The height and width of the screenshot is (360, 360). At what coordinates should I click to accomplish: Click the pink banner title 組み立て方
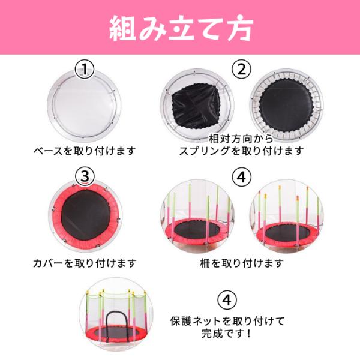point(181,28)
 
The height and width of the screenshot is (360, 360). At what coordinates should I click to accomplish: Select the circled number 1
point(85,70)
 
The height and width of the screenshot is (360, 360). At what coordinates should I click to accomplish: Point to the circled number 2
point(241,70)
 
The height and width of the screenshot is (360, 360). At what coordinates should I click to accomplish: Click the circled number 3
point(85,177)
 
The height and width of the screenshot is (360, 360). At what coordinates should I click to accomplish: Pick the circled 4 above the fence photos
point(241,177)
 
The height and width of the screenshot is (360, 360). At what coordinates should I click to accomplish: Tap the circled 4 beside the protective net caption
point(227,299)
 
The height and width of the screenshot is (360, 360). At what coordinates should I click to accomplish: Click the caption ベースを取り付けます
point(85,151)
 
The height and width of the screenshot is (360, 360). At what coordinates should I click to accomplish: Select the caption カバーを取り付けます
point(85,263)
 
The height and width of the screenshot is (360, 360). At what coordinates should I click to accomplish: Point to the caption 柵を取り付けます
point(242,263)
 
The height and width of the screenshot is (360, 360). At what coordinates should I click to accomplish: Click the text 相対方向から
point(241,139)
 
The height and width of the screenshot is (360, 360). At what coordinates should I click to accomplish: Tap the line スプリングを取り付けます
point(241,151)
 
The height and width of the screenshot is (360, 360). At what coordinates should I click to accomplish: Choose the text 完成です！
point(226,333)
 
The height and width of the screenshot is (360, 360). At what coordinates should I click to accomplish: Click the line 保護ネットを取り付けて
point(227,321)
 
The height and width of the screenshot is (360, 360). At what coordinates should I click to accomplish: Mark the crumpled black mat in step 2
point(196,108)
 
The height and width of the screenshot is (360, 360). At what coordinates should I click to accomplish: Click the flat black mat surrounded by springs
point(286,106)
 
